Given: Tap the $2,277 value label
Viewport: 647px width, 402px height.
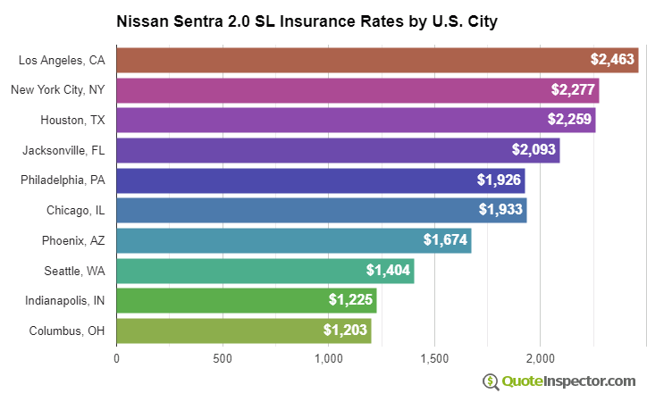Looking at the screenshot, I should click(572, 90).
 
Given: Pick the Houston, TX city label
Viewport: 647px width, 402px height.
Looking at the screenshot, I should click(72, 120).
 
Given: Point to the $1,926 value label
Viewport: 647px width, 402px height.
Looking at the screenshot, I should click(499, 180).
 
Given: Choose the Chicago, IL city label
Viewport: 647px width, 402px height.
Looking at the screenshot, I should click(76, 210).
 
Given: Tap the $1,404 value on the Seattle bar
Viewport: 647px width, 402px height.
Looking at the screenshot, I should click(388, 271).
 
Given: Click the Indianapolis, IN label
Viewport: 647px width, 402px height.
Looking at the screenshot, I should click(65, 300).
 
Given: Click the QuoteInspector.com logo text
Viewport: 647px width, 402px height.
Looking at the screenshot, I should click(568, 381).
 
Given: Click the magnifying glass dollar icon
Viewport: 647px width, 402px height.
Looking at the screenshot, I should click(491, 381).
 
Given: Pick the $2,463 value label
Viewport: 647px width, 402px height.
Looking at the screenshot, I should click(612, 60).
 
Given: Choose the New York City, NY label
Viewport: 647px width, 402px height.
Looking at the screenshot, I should click(58, 90).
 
